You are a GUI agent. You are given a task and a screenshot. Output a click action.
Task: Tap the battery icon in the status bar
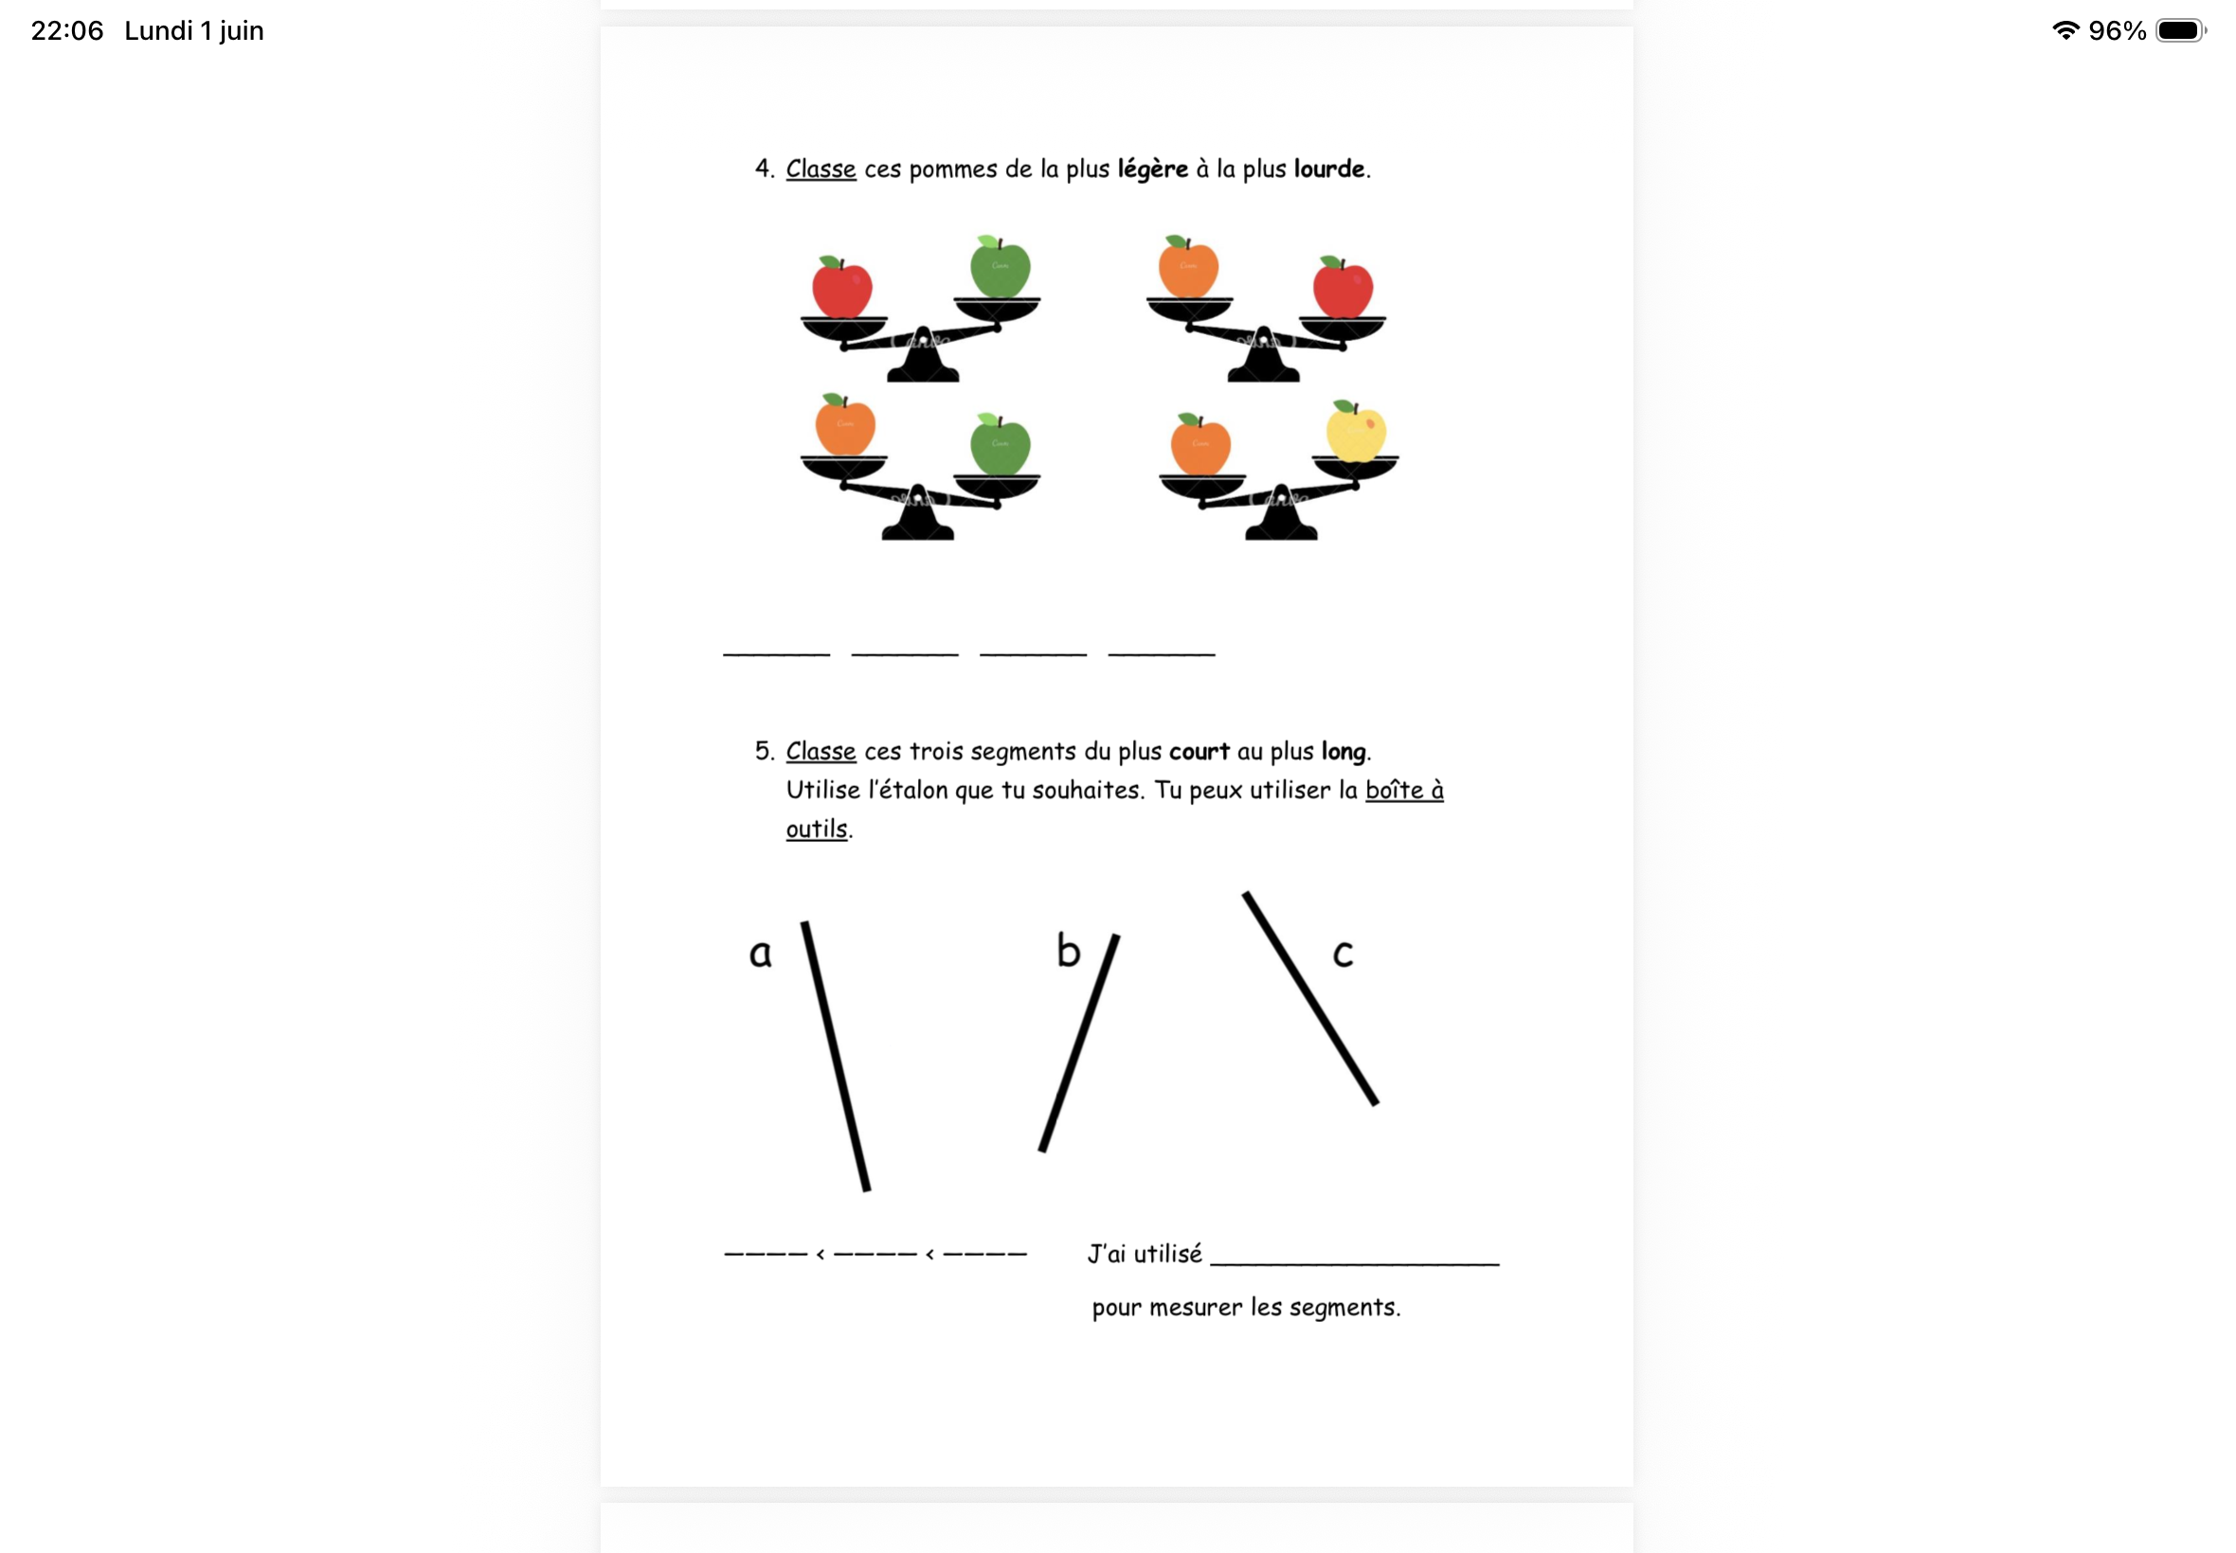(x=2180, y=31)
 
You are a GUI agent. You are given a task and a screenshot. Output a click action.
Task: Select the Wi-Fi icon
(x=2065, y=31)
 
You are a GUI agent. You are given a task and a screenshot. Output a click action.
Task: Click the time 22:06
(x=67, y=31)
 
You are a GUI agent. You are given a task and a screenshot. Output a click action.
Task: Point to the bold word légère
(x=1152, y=170)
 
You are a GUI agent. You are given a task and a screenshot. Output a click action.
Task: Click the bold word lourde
(x=1328, y=169)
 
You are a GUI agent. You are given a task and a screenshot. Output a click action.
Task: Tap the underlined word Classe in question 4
(x=820, y=169)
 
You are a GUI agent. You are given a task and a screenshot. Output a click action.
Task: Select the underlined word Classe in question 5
(x=820, y=751)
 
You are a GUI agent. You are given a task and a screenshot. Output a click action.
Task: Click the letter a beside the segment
(x=760, y=954)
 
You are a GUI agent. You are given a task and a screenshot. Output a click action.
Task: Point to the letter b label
(x=1068, y=951)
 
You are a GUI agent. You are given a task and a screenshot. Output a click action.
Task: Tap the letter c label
(x=1343, y=954)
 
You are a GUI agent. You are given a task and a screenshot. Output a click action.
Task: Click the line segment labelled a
(x=836, y=1056)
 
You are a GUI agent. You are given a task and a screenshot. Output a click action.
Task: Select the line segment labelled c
(x=1309, y=998)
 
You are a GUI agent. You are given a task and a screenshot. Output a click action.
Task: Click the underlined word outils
(x=817, y=829)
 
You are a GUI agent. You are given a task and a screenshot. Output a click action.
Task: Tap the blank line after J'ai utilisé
(x=1354, y=1264)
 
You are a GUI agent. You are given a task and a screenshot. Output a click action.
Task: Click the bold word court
(x=1199, y=752)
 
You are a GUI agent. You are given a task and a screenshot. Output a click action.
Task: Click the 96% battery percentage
(x=2118, y=31)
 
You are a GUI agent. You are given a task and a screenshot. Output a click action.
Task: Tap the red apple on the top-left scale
(x=842, y=287)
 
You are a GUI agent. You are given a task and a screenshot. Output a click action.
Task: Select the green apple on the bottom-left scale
(x=1000, y=445)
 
